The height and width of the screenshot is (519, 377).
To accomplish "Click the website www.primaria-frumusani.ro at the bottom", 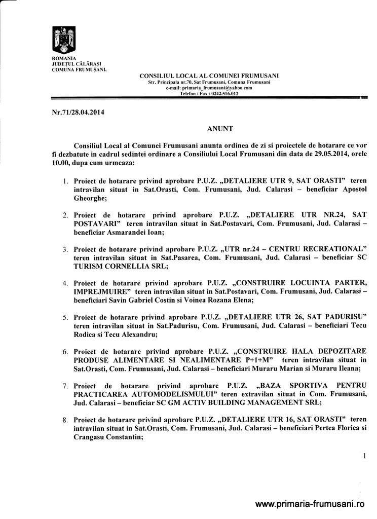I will [x=310, y=504].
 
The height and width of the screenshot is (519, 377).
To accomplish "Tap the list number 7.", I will [x=65, y=386].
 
